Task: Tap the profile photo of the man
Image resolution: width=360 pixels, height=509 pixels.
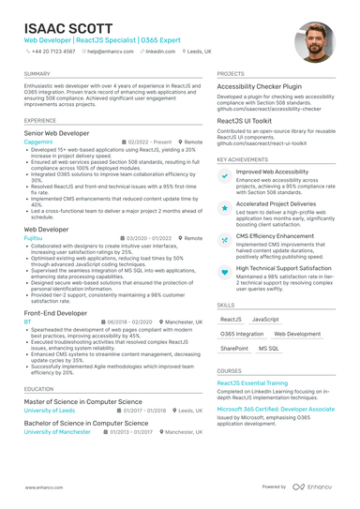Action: pyautogui.click(x=313, y=42)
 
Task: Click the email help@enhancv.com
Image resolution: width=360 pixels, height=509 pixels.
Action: pyautogui.click(x=112, y=52)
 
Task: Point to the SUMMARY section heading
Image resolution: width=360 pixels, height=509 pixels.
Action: pyautogui.click(x=37, y=73)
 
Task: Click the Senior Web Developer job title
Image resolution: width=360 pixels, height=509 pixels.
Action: pyautogui.click(x=56, y=134)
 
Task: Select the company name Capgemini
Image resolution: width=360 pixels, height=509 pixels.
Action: pyautogui.click(x=39, y=142)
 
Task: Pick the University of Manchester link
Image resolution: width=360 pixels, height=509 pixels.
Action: pyautogui.click(x=57, y=431)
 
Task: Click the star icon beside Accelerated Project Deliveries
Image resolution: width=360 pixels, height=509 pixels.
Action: pyautogui.click(x=224, y=206)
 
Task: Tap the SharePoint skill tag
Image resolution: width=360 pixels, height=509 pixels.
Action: pyautogui.click(x=234, y=348)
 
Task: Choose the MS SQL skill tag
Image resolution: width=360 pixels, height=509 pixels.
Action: pyautogui.click(x=268, y=348)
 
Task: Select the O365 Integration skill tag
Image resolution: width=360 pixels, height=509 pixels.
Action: pyautogui.click(x=242, y=334)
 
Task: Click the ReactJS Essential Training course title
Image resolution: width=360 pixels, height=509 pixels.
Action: pyautogui.click(x=252, y=383)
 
